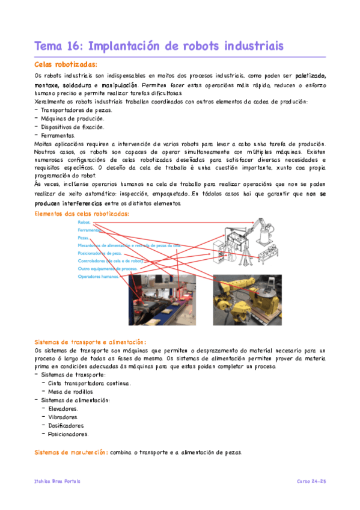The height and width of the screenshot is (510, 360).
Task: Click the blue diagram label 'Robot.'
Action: click(x=84, y=223)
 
